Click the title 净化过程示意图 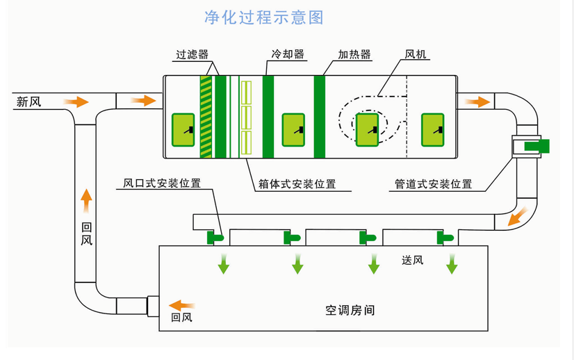point(263,17)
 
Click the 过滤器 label point(193,54)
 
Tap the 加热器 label point(354,54)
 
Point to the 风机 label point(416,54)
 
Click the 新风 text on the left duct point(29,102)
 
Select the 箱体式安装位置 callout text point(297,184)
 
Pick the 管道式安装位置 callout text point(433,184)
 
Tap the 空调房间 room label point(350,310)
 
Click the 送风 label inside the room point(412,261)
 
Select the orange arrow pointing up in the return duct point(86,202)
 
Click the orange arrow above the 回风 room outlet point(182,305)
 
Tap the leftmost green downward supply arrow point(223,264)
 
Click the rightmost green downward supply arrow point(453,264)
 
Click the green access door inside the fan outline point(366,129)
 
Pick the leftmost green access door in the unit point(183,129)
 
